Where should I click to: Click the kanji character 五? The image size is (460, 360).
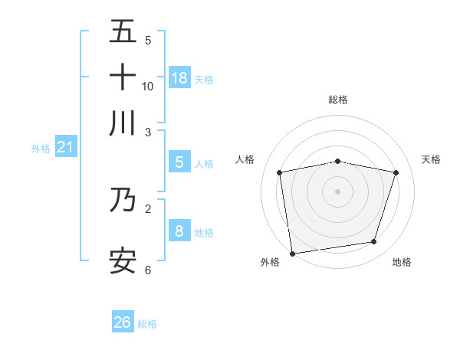point(123,33)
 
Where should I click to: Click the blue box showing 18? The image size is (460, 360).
point(179,78)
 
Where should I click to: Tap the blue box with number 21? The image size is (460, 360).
point(64,147)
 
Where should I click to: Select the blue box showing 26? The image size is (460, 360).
point(123,322)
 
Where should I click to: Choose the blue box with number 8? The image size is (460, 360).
point(179,231)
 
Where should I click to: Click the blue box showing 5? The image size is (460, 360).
point(179,162)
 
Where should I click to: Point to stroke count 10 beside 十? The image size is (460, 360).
point(148,86)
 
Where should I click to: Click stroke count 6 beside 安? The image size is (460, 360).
point(148,270)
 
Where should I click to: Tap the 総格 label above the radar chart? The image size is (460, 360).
point(337,100)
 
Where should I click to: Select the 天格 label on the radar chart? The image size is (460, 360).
point(431,159)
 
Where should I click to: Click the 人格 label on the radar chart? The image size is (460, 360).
point(245,159)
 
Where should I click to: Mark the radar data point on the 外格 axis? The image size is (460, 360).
point(292,253)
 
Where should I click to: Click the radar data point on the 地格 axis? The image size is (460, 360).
point(374,242)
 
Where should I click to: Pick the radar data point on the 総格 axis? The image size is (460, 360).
point(337,161)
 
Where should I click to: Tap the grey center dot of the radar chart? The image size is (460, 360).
point(337,191)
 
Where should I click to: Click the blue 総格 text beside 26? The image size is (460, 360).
point(147,323)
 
